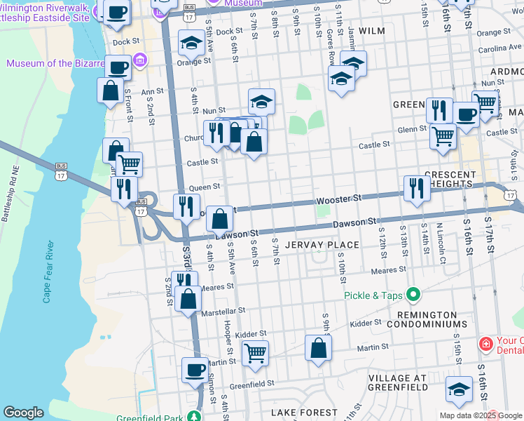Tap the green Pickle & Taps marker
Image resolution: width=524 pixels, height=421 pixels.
pos(413,295)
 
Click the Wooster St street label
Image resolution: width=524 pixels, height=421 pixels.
pos(338,199)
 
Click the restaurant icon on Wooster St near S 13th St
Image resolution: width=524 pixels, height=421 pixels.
pos(417,187)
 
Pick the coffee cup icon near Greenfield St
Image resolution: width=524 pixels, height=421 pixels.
pos(195,369)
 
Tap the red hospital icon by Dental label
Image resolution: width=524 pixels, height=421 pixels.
pos(485,344)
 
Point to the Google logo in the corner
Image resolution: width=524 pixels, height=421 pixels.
pos(23,413)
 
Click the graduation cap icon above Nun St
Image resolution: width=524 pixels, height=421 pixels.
pos(261,101)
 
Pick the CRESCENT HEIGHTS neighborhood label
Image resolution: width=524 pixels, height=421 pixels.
pos(441,179)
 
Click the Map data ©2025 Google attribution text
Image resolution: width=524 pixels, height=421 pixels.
pos(480,415)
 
